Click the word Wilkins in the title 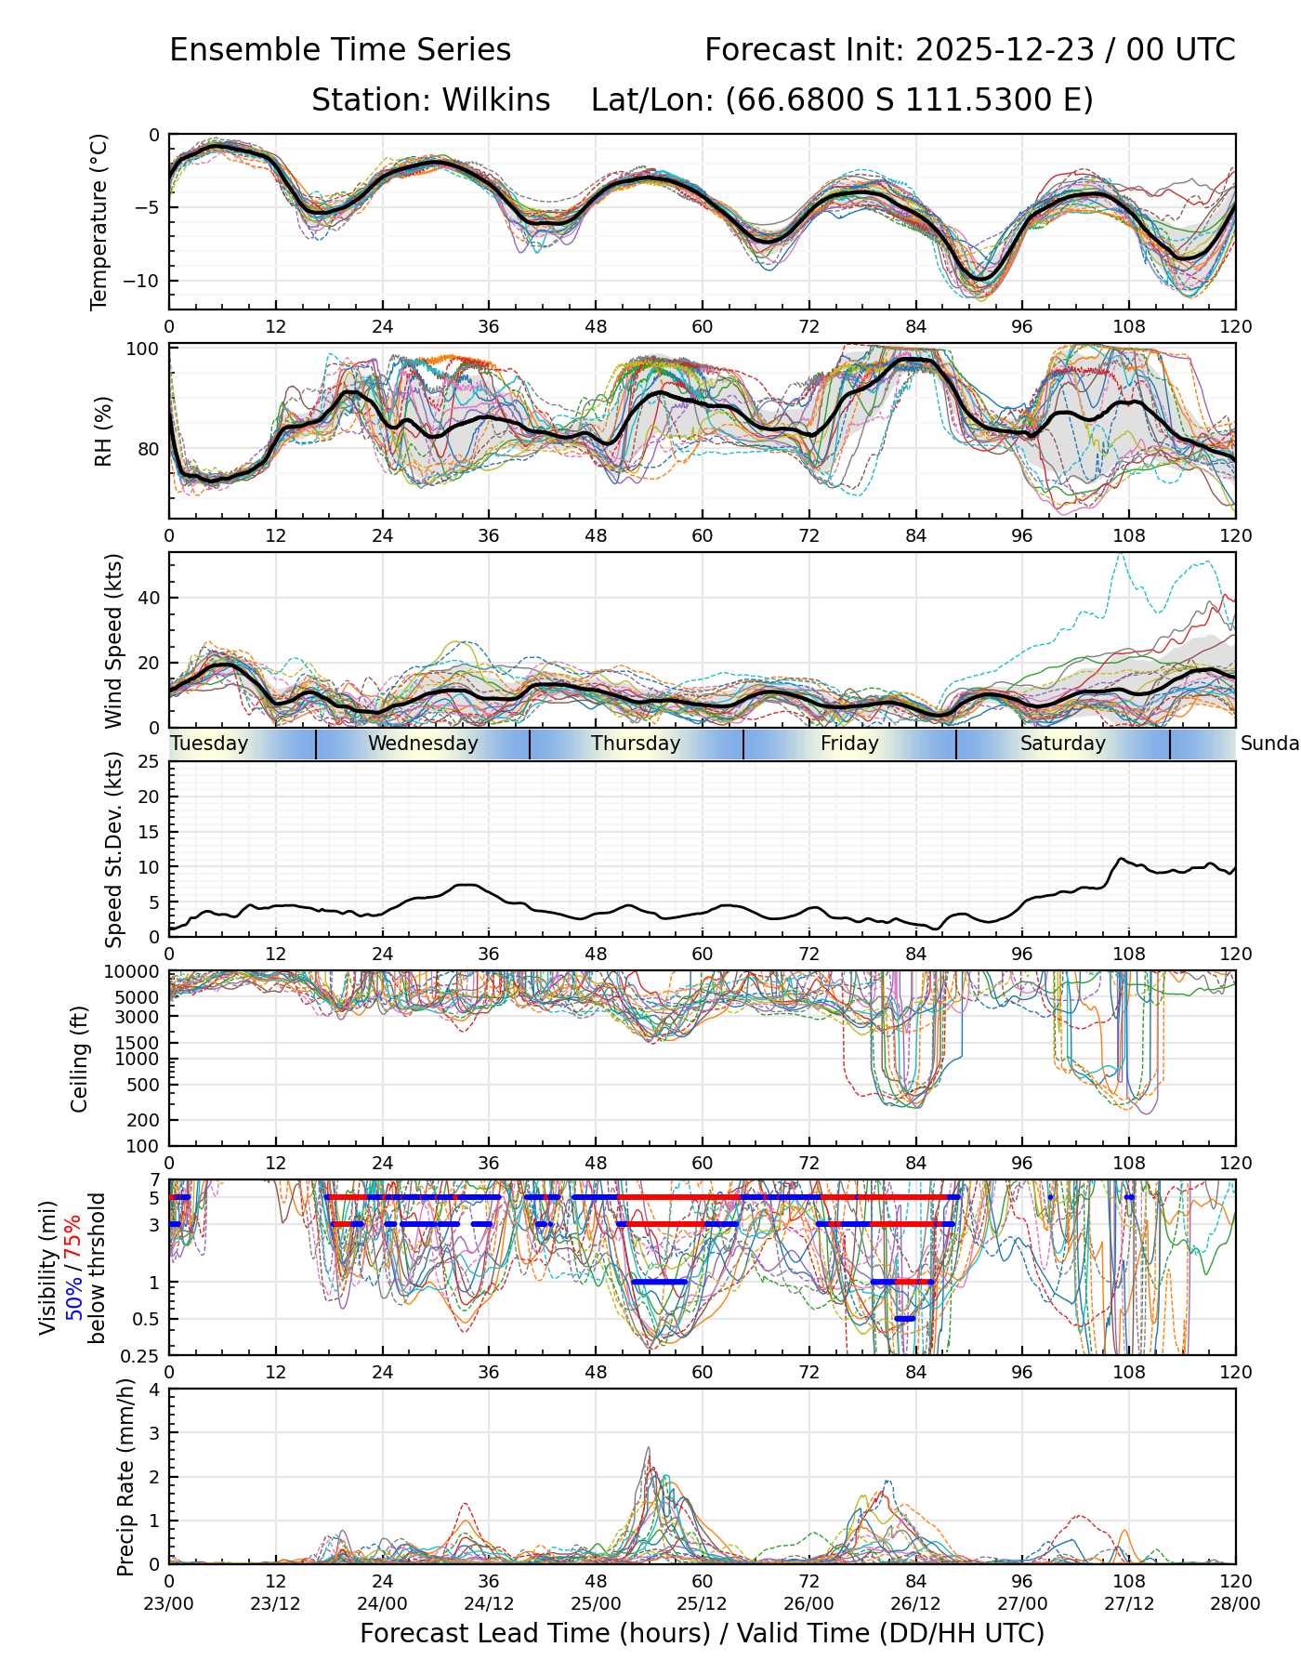[496, 99]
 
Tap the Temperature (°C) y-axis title [99, 221]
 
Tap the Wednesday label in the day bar [423, 744]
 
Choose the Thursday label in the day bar [636, 744]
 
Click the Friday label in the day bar [849, 744]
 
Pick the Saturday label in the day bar [1063, 744]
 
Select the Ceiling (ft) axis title [80, 1059]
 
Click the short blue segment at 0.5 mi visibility [904, 1318]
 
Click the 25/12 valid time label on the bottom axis [703, 1604]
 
